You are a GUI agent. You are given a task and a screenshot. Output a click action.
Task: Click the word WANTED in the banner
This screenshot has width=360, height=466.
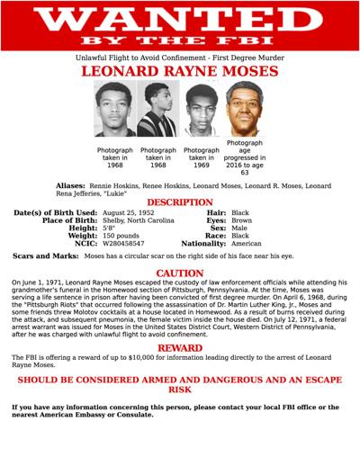tap(180, 20)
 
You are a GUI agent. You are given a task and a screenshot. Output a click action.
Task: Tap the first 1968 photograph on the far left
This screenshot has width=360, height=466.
tap(115, 110)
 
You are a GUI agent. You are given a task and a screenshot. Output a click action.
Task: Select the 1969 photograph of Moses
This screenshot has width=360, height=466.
tap(202, 110)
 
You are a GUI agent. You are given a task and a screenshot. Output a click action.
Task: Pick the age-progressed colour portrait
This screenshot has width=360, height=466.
tap(245, 108)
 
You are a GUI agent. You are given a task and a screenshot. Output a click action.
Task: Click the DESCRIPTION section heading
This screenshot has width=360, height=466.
tap(180, 202)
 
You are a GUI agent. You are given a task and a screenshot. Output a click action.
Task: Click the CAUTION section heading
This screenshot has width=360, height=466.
tap(180, 273)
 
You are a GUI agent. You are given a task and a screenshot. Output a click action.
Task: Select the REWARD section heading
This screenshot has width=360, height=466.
tap(180, 347)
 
